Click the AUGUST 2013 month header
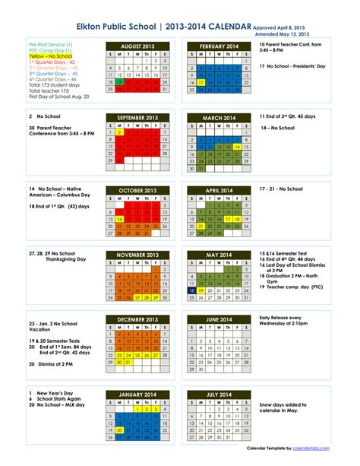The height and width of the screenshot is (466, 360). [138, 46]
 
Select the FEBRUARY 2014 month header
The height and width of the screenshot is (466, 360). [219, 46]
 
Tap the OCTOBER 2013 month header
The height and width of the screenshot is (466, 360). [138, 190]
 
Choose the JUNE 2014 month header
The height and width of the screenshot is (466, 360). [219, 319]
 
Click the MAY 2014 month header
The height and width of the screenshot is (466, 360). [219, 255]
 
